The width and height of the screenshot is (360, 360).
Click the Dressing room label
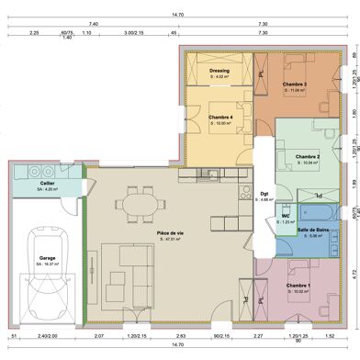pos(219,70)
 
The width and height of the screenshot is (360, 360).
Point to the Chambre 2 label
pos(307,157)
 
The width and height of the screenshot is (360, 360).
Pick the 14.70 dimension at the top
pos(179,13)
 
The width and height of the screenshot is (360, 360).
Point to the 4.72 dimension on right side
pos(354,273)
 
